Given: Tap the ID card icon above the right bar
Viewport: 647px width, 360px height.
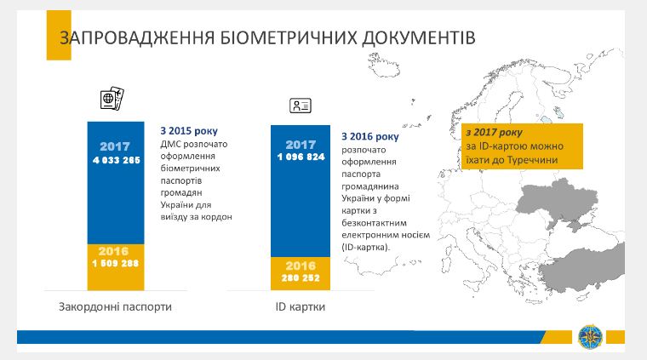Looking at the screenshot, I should (301, 106).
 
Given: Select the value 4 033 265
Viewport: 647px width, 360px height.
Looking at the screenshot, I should (116, 159).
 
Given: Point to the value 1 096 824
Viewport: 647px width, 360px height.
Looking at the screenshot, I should (301, 157).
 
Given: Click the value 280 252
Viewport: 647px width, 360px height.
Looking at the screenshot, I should (301, 277).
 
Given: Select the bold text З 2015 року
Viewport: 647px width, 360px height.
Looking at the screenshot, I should (189, 132).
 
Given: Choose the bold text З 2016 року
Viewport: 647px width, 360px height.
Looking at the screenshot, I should (369, 136).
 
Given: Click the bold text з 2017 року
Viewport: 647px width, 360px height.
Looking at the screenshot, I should (495, 134).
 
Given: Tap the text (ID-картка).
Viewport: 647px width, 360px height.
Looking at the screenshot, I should (365, 247).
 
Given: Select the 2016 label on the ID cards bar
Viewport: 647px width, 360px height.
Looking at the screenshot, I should (301, 266).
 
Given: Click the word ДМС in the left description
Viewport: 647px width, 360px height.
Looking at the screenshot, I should (172, 145).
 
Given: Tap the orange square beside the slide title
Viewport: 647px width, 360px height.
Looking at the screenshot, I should (37, 39).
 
